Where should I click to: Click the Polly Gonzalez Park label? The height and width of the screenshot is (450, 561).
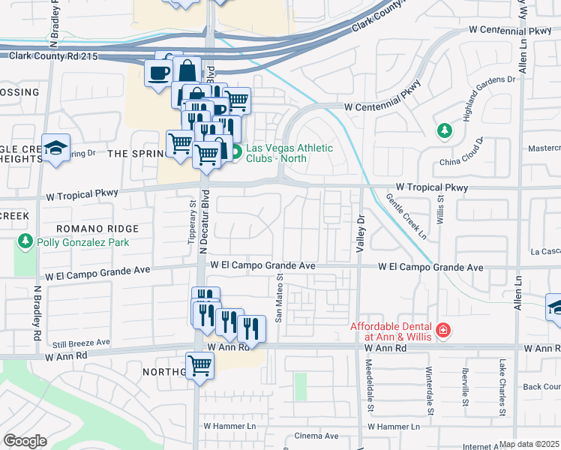[82, 242]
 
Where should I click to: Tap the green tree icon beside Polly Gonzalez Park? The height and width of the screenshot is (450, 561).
[25, 241]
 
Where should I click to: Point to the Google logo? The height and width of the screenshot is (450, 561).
[25, 441]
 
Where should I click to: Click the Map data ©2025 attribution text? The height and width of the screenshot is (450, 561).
[529, 444]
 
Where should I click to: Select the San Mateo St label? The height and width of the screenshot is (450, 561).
[279, 298]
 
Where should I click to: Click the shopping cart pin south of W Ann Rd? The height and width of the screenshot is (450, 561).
[200, 367]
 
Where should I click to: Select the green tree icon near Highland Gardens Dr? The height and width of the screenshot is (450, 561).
[445, 130]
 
